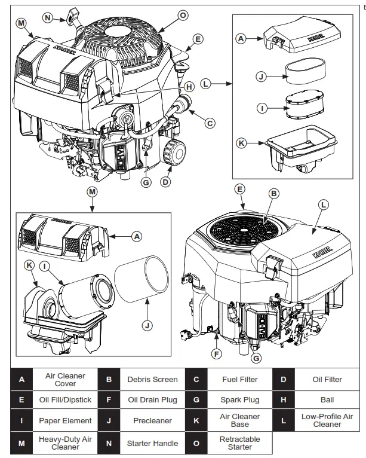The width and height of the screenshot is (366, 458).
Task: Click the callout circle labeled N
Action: (x=48, y=17)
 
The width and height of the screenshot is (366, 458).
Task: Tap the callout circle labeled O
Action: (x=183, y=14)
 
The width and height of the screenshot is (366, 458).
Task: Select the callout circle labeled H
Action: (x=189, y=87)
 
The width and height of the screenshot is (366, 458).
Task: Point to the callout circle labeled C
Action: (x=209, y=123)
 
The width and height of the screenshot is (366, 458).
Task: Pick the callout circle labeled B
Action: (x=273, y=194)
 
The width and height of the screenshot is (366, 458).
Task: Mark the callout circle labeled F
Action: (x=217, y=353)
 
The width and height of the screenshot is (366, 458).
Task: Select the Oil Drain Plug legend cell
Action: (x=152, y=399)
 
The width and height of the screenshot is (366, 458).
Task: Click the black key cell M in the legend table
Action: (x=22, y=443)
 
